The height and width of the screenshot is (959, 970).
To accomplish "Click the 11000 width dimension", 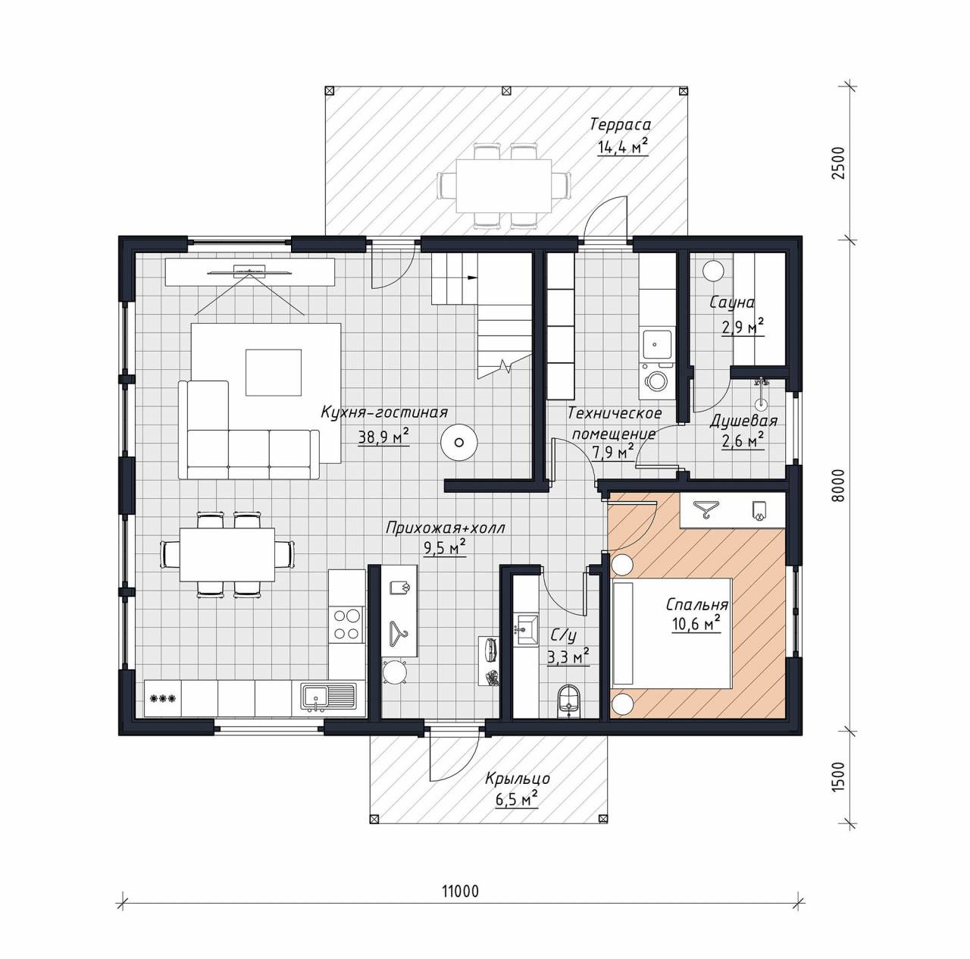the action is tap(460, 891).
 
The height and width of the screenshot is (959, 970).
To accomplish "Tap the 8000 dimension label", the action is tap(837, 485).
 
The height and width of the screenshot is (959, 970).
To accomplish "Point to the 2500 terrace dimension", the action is tap(837, 163).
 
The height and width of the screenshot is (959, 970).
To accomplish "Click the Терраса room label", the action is tap(621, 124).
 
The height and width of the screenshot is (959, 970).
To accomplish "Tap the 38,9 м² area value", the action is tap(383, 437).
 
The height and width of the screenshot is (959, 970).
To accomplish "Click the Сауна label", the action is tap(732, 302).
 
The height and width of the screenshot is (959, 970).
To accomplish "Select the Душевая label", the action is tap(743, 421).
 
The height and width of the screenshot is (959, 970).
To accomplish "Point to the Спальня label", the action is tap(697, 604).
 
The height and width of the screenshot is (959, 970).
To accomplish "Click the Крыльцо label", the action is tap(518, 778).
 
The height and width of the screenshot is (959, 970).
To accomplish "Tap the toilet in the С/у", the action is tap(569, 700).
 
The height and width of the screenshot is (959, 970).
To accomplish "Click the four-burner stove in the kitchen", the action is tap(347, 625).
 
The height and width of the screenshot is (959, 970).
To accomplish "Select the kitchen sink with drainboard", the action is tap(327, 697).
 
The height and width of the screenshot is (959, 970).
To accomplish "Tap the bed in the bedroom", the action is tap(671, 633).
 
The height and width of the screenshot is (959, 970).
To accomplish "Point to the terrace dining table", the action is tap(503, 186).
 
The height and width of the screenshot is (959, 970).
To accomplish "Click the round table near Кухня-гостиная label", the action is tap(458, 442).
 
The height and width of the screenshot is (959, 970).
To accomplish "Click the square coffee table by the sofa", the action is tap(274, 372).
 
